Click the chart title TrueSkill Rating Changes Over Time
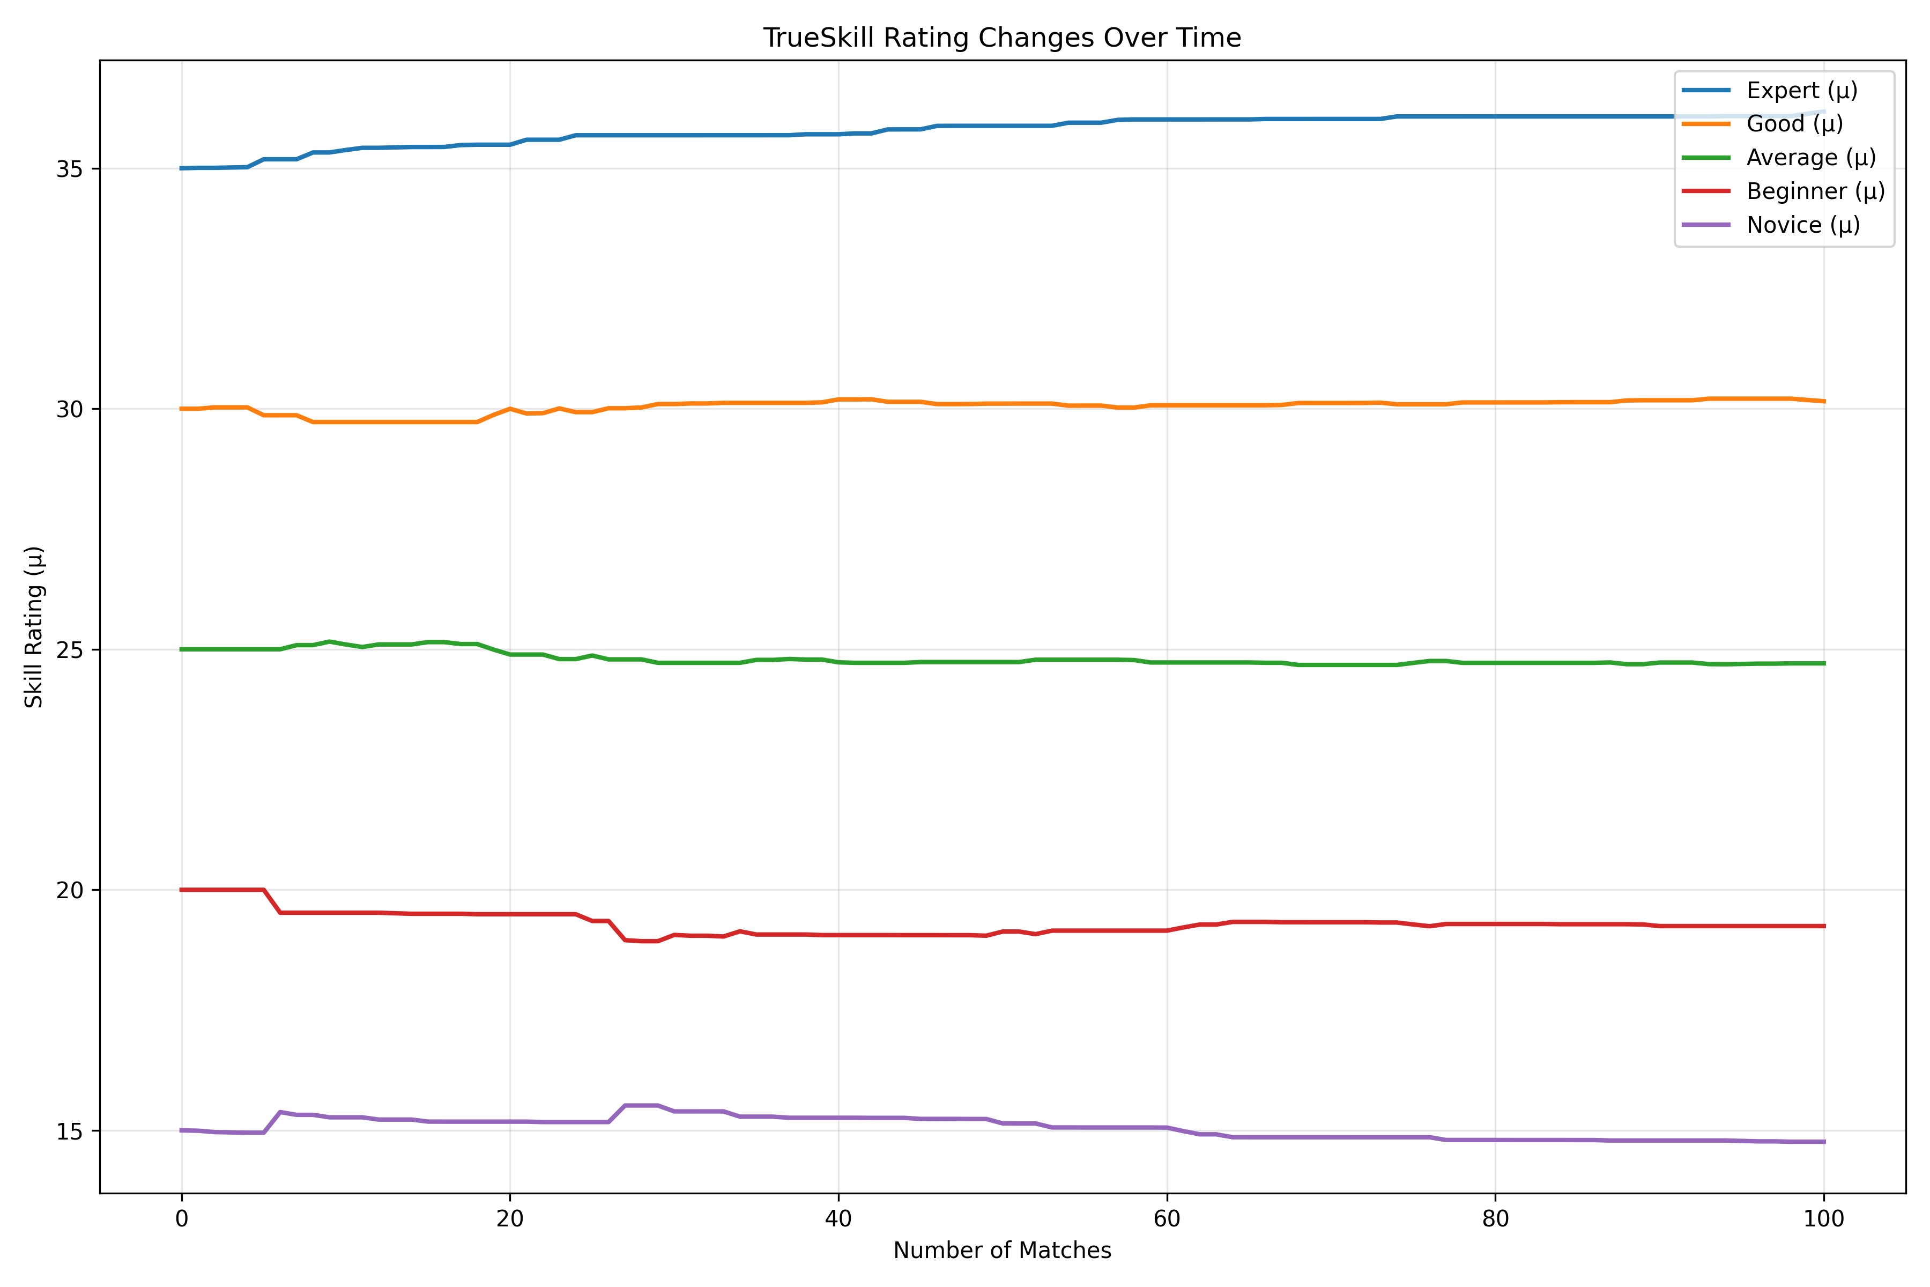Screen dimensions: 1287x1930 1002,38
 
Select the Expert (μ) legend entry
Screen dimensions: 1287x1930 1801,90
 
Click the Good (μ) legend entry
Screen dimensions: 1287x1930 1794,124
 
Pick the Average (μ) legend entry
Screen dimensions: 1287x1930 1810,158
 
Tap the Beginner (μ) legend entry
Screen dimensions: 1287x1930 1815,191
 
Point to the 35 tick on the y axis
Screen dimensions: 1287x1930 70,169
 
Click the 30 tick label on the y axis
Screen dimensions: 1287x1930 70,410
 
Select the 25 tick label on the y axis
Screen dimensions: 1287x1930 70,650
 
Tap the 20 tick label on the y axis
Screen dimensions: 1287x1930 70,891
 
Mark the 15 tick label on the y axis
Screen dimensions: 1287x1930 70,1131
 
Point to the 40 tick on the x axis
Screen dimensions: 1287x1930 838,1219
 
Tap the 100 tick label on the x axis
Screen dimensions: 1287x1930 1823,1219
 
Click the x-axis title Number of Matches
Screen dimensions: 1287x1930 1002,1251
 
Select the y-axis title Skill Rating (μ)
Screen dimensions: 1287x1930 34,626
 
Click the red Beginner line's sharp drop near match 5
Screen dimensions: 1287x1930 272,901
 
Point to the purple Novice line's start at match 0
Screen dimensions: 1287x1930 182,1130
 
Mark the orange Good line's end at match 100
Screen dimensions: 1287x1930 1823,401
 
